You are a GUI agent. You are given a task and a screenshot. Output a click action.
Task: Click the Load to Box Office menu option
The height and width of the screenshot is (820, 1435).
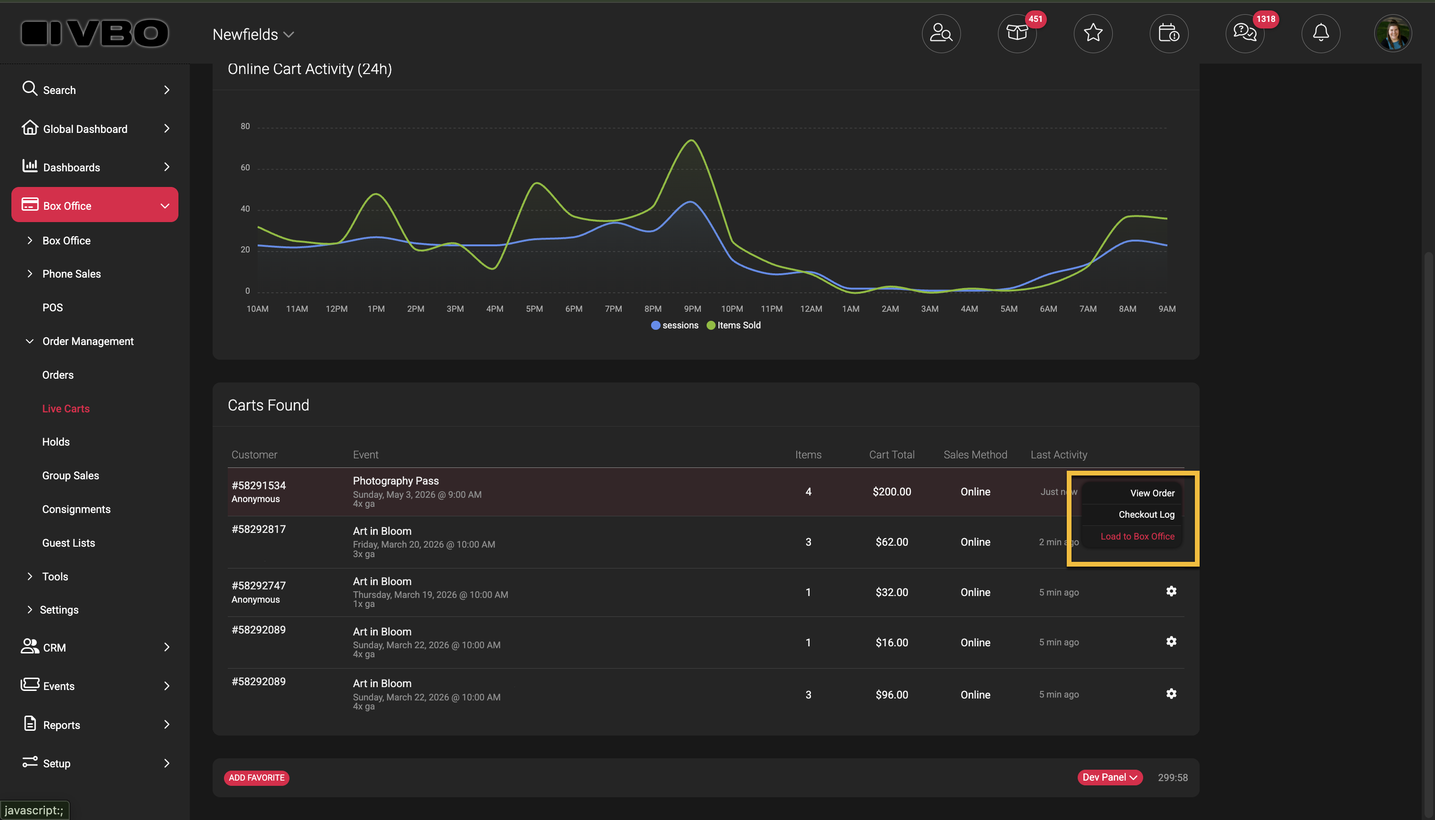[1137, 536]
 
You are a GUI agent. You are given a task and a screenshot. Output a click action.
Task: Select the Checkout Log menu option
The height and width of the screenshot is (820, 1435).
[1146, 514]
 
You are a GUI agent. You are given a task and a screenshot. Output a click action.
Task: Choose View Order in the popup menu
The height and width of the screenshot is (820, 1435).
[1152, 493]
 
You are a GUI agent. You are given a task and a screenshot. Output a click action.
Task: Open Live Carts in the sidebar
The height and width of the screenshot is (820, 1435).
[66, 408]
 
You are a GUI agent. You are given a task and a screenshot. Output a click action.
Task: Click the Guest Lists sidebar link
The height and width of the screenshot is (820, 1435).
[69, 543]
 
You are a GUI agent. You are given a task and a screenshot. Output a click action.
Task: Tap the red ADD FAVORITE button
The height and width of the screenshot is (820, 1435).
[256, 778]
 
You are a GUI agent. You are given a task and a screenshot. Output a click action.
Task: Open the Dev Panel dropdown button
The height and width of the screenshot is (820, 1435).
[1109, 777]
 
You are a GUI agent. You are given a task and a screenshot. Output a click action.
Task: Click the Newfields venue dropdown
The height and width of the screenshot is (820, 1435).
[253, 34]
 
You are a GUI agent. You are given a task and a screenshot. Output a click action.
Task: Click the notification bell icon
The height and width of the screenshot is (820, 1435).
[1321, 33]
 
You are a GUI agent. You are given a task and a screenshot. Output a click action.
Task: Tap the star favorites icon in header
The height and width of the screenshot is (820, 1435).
[1092, 33]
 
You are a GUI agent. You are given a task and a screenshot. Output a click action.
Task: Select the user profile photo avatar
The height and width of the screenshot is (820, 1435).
[1393, 33]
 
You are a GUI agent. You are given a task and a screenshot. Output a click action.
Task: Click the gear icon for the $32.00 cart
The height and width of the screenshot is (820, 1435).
[1171, 591]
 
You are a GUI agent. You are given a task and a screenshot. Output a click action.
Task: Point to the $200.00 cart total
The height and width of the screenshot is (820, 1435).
[892, 492]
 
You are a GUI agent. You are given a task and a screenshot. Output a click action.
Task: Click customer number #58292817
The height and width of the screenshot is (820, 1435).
[259, 530]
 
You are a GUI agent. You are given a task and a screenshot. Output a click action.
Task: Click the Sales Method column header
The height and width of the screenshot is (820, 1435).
[975, 455]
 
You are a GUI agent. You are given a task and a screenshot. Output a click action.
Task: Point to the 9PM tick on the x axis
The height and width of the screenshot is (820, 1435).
[692, 308]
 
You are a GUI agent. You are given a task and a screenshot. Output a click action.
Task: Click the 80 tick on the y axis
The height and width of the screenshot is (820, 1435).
[245, 126]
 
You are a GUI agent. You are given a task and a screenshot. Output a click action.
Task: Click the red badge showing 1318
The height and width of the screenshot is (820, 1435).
[1266, 19]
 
